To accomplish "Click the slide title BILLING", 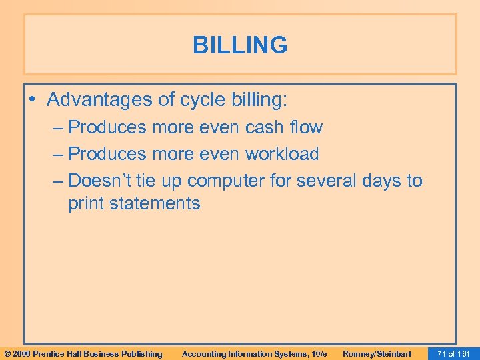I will point(240,45).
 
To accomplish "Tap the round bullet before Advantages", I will point(34,101).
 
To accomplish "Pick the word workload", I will point(282,154).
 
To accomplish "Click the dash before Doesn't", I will point(58,181).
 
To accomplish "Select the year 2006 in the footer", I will point(21,354).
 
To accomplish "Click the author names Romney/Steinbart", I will point(377,354).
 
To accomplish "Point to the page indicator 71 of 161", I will point(454,354).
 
